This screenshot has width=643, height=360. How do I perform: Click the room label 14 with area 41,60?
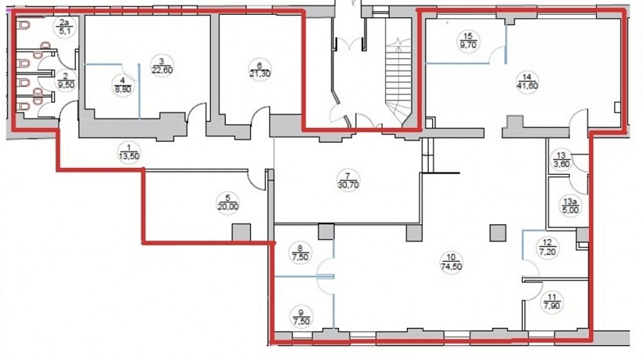point(527,82)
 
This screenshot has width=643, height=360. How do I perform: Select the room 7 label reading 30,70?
point(349,180)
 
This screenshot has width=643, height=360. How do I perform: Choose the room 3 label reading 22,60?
point(162,66)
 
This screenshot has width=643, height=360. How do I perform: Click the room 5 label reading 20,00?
point(227,202)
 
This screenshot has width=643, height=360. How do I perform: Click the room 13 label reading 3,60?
point(561,159)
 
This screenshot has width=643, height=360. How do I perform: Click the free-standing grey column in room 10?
point(497,232)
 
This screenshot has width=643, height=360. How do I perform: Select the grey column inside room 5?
point(242,232)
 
